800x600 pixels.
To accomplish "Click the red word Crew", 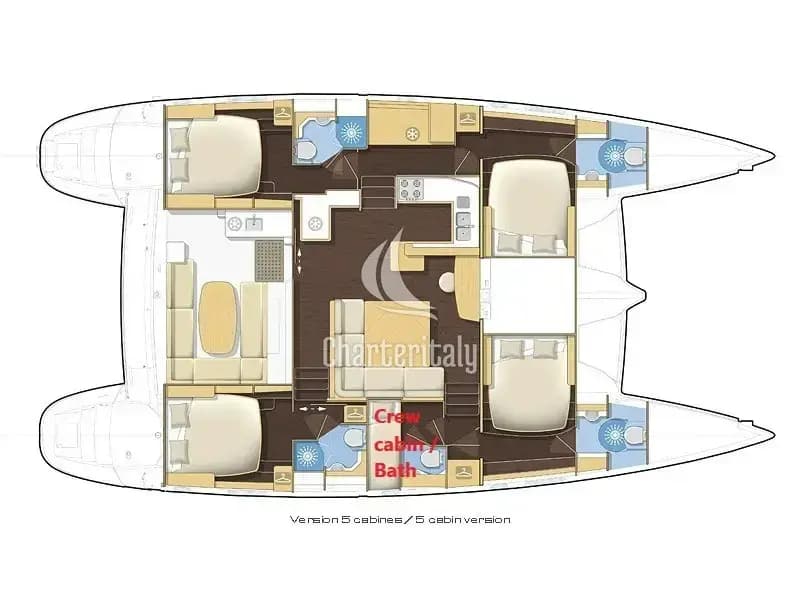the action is pyautogui.click(x=397, y=417).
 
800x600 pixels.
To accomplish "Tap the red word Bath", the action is pyautogui.click(x=395, y=469).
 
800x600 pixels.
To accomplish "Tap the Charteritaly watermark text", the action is pyautogui.click(x=400, y=352).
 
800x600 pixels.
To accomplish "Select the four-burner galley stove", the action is pyautogui.click(x=411, y=188).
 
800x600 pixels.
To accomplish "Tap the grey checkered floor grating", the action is pyautogui.click(x=269, y=260).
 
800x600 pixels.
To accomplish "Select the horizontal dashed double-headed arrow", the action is pyautogui.click(x=312, y=409).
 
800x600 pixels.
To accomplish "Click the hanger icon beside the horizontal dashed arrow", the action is pyautogui.click(x=354, y=412).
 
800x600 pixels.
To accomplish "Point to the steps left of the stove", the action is pyautogui.click(x=379, y=190).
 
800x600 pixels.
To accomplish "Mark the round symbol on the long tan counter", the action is pyautogui.click(x=411, y=134).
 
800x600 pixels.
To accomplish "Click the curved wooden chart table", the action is pyautogui.click(x=468, y=288).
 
